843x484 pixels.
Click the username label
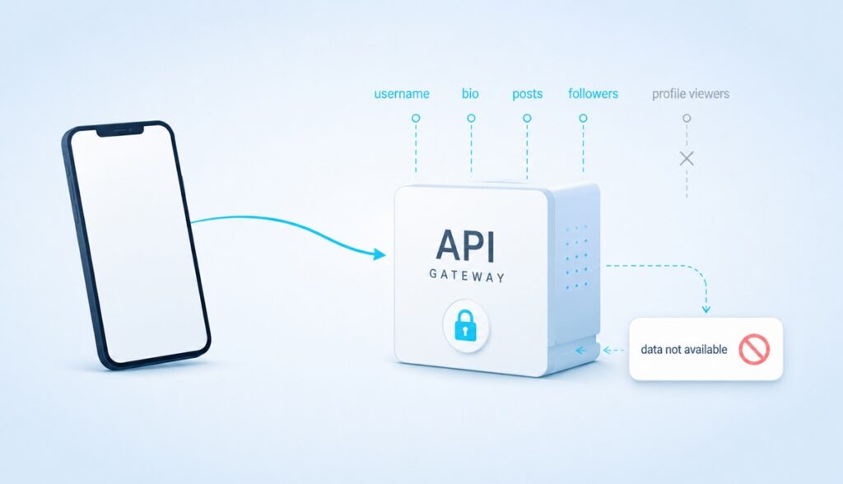(402, 94)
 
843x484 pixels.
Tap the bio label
(470, 94)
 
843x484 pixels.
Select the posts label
(527, 94)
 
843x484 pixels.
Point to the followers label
(593, 94)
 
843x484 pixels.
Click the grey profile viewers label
(691, 94)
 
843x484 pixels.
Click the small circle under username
(416, 118)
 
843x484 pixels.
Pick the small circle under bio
(471, 118)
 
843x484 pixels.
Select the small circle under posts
(527, 118)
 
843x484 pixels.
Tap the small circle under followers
(583, 118)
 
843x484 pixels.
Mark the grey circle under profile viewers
(687, 118)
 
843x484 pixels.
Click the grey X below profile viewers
(687, 158)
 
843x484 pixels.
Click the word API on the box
(465, 245)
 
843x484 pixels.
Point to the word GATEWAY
(467, 277)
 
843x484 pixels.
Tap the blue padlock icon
(466, 325)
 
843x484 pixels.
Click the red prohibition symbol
(754, 349)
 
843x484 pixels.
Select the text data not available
(684, 350)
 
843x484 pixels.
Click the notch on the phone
(120, 129)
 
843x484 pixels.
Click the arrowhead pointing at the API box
(380, 254)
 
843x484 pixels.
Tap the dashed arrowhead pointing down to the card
(706, 309)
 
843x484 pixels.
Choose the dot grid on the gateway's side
(576, 257)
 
